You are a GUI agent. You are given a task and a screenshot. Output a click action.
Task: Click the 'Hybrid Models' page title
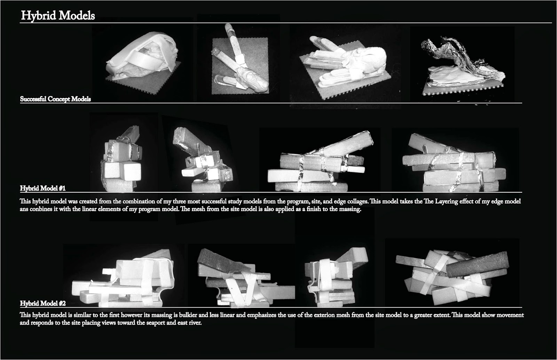click(x=58, y=16)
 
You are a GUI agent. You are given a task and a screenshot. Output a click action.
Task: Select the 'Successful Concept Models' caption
click(x=55, y=99)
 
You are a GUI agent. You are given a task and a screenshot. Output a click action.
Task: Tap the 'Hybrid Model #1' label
click(x=43, y=189)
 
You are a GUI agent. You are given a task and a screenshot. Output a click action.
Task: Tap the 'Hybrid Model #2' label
click(x=43, y=303)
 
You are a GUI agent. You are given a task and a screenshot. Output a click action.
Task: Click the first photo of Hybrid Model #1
click(x=124, y=160)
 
